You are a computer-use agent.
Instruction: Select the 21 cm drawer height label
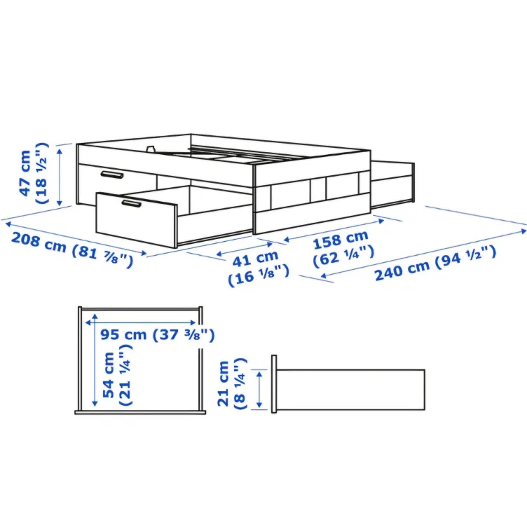point(224,383)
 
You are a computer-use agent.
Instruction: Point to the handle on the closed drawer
point(111,174)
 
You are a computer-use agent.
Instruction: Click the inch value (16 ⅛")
point(259,275)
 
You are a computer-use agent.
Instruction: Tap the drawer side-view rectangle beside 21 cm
point(350,390)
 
